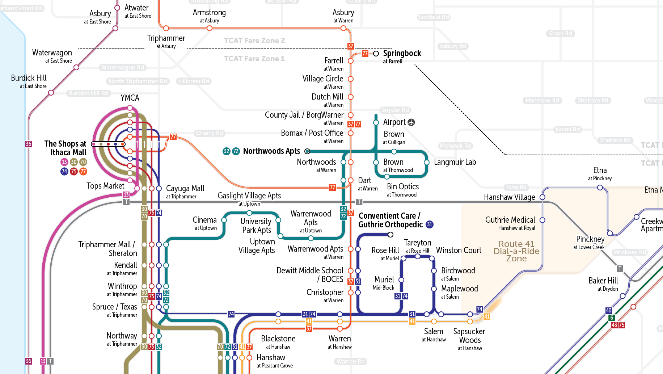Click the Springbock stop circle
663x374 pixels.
[x=376, y=54]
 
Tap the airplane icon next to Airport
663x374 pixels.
[x=411, y=122]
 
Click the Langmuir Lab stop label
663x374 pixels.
[x=455, y=162]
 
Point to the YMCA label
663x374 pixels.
[x=130, y=98]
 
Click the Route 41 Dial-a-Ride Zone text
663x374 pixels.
[x=516, y=251]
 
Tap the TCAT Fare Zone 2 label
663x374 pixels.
[x=254, y=41]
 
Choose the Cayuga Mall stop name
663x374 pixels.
[x=185, y=189]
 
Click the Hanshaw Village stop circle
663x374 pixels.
[x=542, y=197]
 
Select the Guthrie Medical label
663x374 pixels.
[x=510, y=220]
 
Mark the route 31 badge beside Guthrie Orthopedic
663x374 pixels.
[x=430, y=224]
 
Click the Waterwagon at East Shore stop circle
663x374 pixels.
[x=76, y=67]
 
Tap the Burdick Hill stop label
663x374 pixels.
[x=29, y=78]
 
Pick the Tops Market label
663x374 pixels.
[x=105, y=186]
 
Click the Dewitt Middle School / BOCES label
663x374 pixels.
[x=310, y=275]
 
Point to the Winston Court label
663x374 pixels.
[x=459, y=251]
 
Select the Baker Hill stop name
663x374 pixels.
[x=603, y=281]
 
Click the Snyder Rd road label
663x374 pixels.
[x=395, y=110]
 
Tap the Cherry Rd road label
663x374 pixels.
[x=209, y=133]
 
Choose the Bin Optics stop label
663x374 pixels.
[x=403, y=187]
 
